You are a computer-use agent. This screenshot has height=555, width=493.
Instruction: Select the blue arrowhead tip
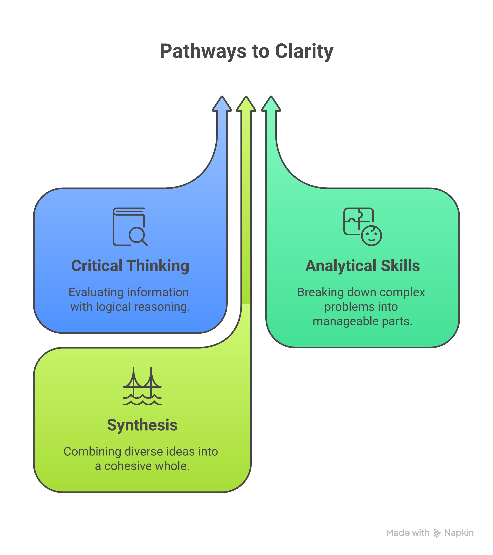click(222, 96)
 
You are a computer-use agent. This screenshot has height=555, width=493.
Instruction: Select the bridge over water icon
click(142, 386)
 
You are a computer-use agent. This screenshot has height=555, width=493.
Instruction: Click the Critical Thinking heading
click(130, 266)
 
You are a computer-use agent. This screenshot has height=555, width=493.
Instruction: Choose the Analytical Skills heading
click(363, 266)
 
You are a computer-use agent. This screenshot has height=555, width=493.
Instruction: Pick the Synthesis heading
click(142, 425)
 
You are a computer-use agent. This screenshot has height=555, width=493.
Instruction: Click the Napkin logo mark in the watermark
click(437, 533)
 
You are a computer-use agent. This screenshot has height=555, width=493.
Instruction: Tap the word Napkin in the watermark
click(459, 533)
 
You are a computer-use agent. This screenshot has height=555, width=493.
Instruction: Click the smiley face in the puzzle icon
click(372, 236)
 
